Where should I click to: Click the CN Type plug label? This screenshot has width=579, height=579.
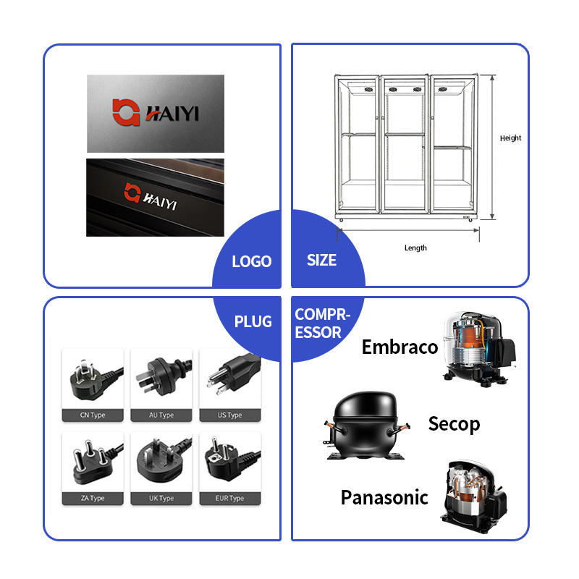point(93,415)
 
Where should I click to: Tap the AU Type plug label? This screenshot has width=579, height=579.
point(161,415)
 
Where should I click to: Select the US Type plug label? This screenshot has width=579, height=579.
point(229,415)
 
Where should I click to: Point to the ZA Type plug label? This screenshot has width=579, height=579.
point(93,498)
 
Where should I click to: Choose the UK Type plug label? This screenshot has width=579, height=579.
point(161,498)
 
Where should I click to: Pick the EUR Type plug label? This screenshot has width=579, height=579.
point(229,498)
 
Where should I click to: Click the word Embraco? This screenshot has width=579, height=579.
point(400,347)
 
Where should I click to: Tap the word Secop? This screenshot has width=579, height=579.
point(454,424)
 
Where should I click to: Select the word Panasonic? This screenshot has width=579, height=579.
point(384,497)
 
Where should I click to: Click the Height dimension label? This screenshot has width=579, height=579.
point(510,138)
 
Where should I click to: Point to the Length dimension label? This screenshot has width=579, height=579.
point(415,248)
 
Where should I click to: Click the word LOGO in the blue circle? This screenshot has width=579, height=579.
point(251,261)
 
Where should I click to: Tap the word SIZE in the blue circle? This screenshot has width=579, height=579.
point(321,260)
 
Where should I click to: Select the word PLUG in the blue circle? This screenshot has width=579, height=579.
point(253,321)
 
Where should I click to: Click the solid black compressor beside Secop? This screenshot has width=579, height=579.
point(366,426)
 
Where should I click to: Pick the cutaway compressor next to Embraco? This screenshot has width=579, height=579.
point(479,349)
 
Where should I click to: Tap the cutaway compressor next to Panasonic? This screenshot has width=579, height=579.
point(474,496)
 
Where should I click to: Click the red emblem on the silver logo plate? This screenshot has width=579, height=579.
point(126,112)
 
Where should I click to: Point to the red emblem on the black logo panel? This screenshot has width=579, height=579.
point(132,193)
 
